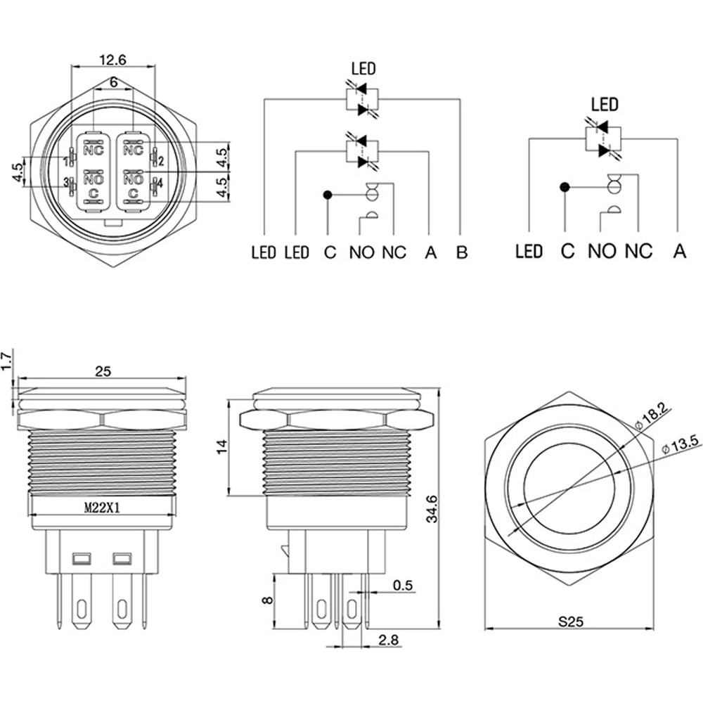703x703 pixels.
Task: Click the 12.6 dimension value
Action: tap(113, 60)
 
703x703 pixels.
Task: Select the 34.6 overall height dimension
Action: tap(432, 509)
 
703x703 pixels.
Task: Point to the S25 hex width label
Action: tap(571, 622)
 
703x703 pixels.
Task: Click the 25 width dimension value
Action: tap(103, 371)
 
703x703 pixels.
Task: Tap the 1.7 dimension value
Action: tap(6, 361)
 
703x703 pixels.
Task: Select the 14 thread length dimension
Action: tap(222, 447)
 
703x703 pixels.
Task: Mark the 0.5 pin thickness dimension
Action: tap(402, 586)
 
